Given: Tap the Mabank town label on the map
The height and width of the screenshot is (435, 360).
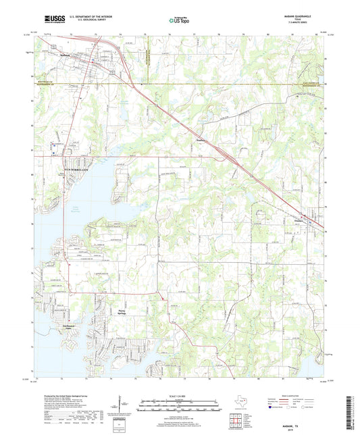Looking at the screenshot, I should pos(64,57).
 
